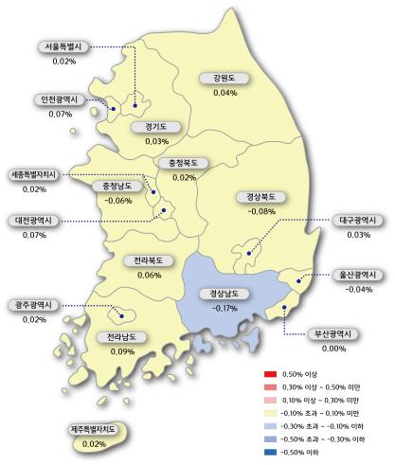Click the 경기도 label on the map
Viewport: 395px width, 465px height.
click(x=157, y=126)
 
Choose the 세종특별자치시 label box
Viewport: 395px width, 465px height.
click(x=35, y=175)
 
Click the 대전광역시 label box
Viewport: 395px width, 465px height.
click(x=35, y=220)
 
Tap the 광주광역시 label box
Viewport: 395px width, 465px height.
click(x=35, y=305)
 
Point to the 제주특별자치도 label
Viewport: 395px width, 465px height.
click(x=93, y=430)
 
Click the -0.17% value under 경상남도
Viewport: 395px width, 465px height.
click(x=224, y=308)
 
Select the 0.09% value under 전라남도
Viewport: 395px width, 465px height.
click(x=120, y=351)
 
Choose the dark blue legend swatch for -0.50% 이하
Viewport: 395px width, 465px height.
click(x=270, y=450)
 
